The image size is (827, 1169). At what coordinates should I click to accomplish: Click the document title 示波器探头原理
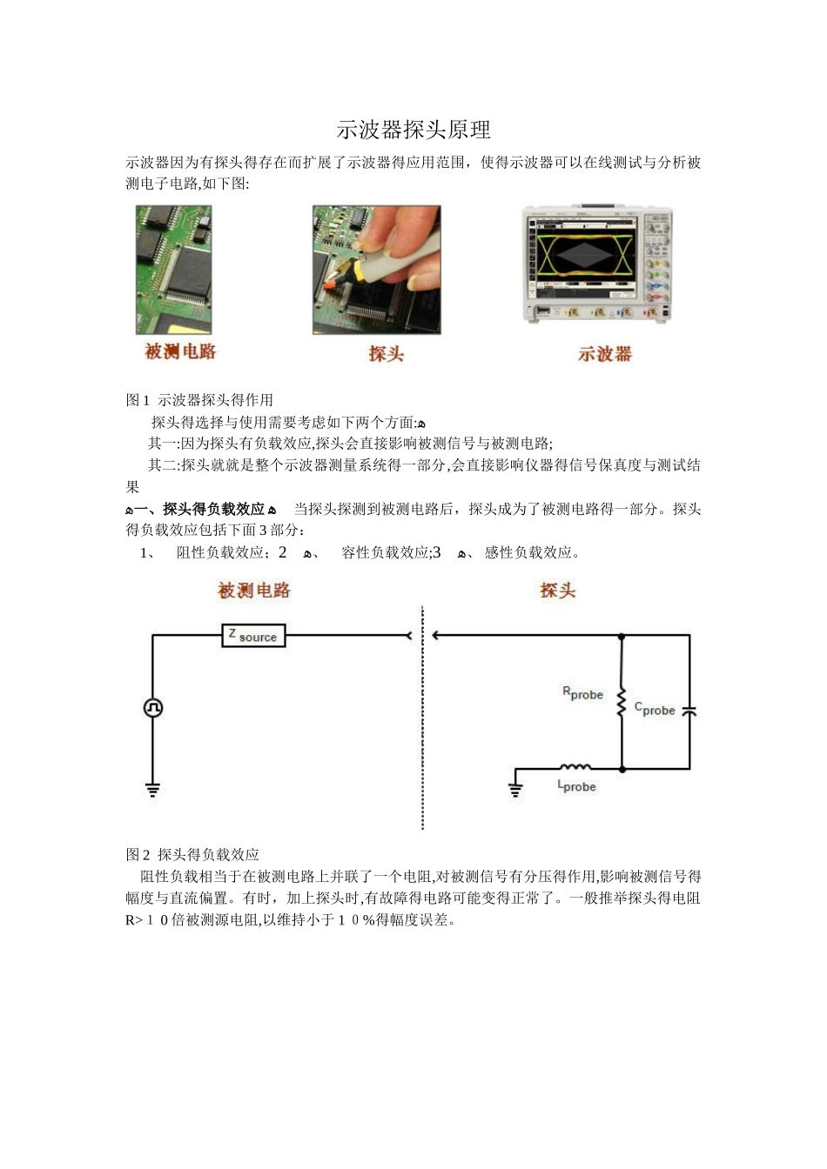coord(413,130)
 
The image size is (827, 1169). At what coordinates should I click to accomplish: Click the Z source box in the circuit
coord(253,636)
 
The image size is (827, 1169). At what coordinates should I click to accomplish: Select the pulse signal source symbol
coord(153,708)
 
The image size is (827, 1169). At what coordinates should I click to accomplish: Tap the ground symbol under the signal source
coord(153,790)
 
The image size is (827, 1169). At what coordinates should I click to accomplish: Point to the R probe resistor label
coord(582,693)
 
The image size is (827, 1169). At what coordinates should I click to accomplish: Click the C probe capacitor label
coord(655,709)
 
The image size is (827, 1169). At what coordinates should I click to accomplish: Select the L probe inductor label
coord(576,786)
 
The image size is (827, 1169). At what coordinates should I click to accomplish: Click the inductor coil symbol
coord(575,767)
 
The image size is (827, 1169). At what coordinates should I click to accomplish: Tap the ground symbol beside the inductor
coord(515,790)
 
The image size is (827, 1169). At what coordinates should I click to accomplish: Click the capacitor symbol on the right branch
coord(689,711)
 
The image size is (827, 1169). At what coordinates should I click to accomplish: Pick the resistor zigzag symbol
coord(622,704)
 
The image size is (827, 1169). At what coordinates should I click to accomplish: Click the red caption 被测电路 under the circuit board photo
coord(180,352)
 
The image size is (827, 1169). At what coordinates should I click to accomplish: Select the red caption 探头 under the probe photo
coord(386,353)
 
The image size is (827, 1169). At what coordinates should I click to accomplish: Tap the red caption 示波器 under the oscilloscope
coord(605,354)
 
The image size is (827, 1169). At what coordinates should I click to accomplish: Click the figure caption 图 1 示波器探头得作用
coord(199,400)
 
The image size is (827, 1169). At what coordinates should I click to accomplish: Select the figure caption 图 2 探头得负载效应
coord(192,854)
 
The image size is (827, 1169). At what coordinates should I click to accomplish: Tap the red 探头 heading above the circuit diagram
coord(557,591)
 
